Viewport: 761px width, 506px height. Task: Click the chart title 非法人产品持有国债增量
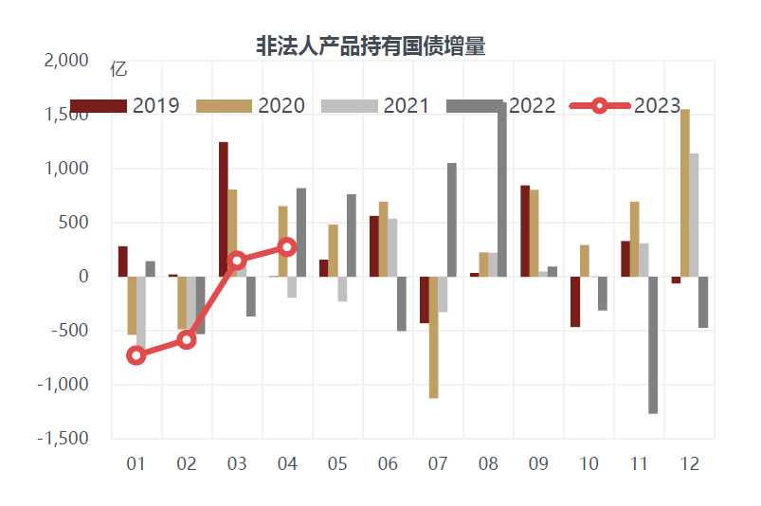[x=371, y=45]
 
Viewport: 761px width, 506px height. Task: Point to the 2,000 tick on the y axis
[x=67, y=61]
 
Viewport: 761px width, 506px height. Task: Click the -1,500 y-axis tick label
[x=63, y=439]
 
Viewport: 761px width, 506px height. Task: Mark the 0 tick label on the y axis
[x=83, y=277]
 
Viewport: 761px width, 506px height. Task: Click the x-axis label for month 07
[x=438, y=464]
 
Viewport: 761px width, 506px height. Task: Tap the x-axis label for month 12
[x=689, y=464]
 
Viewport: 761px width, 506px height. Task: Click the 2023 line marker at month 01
[x=136, y=355]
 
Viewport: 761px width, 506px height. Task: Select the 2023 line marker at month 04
[x=287, y=246]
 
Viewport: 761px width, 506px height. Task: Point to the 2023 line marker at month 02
[x=187, y=339]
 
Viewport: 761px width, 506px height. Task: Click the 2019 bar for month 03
[x=224, y=209]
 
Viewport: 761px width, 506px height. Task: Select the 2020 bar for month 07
[x=433, y=337]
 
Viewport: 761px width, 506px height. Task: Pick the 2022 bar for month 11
[x=653, y=345]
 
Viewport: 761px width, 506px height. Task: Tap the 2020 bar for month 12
[x=684, y=193]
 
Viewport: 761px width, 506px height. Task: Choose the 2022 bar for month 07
[x=452, y=220]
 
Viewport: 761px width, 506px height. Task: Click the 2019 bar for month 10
[x=574, y=301]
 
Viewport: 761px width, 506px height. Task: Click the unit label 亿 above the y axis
[x=118, y=68]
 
